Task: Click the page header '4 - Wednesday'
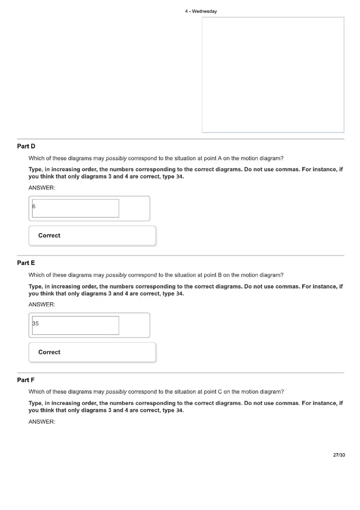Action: click(x=200, y=11)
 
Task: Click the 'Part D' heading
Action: click(x=26, y=146)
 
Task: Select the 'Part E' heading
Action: click(x=26, y=263)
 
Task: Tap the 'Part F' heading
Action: click(x=26, y=380)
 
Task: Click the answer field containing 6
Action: click(x=76, y=208)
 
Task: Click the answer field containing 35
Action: click(x=76, y=325)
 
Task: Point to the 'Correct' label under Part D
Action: click(x=49, y=236)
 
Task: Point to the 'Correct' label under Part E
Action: click(x=49, y=352)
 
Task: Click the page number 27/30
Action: click(x=339, y=455)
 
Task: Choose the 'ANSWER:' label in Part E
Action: click(x=42, y=304)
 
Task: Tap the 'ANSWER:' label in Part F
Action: click(x=42, y=422)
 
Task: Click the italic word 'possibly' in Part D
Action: click(x=116, y=158)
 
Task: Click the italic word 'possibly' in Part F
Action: click(x=116, y=392)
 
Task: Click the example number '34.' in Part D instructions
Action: click(x=180, y=177)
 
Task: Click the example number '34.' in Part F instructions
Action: click(x=180, y=410)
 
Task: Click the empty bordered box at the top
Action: click(x=273, y=75)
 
